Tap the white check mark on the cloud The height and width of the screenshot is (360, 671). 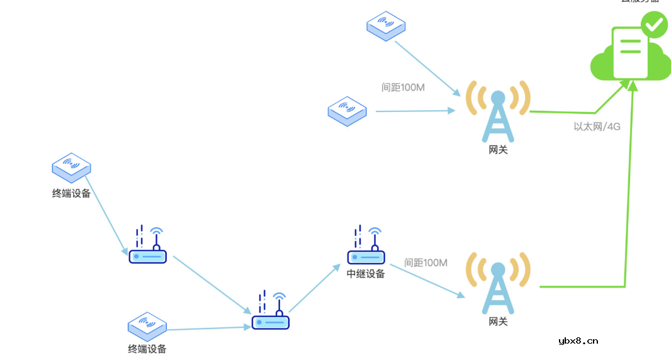655,25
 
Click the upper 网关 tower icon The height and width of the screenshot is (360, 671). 498,113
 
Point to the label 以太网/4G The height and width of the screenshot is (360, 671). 597,127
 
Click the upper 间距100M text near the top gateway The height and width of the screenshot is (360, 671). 403,87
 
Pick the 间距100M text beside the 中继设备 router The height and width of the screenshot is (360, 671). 426,262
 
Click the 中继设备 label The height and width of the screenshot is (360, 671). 366,274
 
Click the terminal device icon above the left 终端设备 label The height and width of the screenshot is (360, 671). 71,167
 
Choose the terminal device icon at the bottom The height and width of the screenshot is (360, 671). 147,326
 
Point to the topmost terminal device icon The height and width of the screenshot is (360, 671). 386,25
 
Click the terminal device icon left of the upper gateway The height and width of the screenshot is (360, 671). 347,111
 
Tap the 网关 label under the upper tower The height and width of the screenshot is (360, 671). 498,150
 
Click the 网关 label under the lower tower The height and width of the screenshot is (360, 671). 498,322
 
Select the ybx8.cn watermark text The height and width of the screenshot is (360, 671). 578,341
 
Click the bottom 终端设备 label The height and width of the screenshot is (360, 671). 147,349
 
